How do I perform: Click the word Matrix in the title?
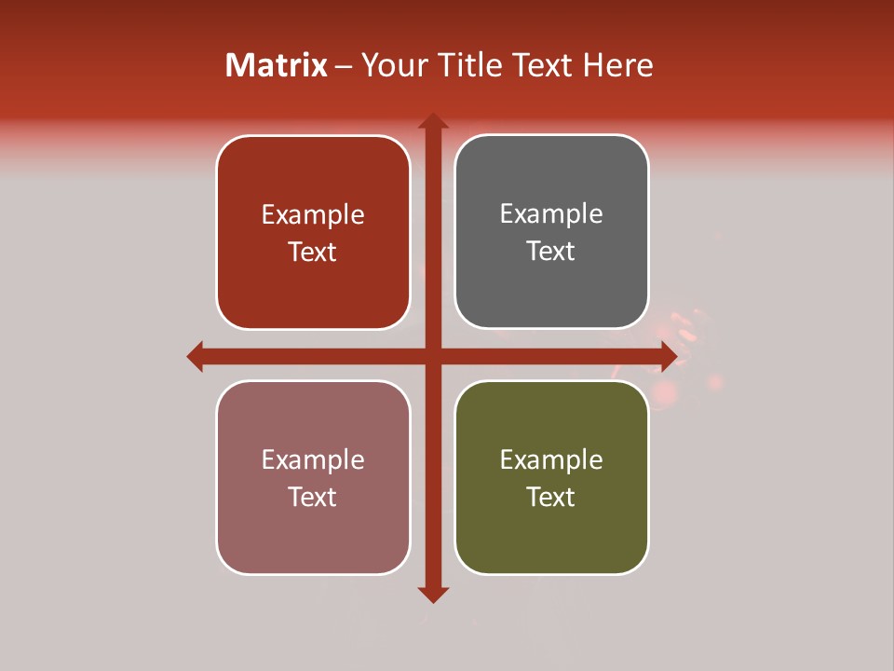(x=277, y=65)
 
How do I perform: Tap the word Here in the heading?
(x=617, y=65)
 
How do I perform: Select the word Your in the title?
(x=393, y=65)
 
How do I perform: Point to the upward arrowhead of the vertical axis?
(x=433, y=121)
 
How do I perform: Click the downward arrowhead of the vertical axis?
(x=433, y=595)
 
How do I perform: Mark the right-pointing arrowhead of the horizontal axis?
(x=669, y=356)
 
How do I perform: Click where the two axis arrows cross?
(x=433, y=356)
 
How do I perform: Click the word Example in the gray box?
(x=551, y=214)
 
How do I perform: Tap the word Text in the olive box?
(x=551, y=497)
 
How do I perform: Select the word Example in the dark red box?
(x=313, y=215)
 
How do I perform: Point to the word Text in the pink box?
(x=313, y=497)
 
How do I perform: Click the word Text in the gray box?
(x=551, y=252)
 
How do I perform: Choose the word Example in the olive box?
(x=551, y=459)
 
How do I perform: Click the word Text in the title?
(x=539, y=65)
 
